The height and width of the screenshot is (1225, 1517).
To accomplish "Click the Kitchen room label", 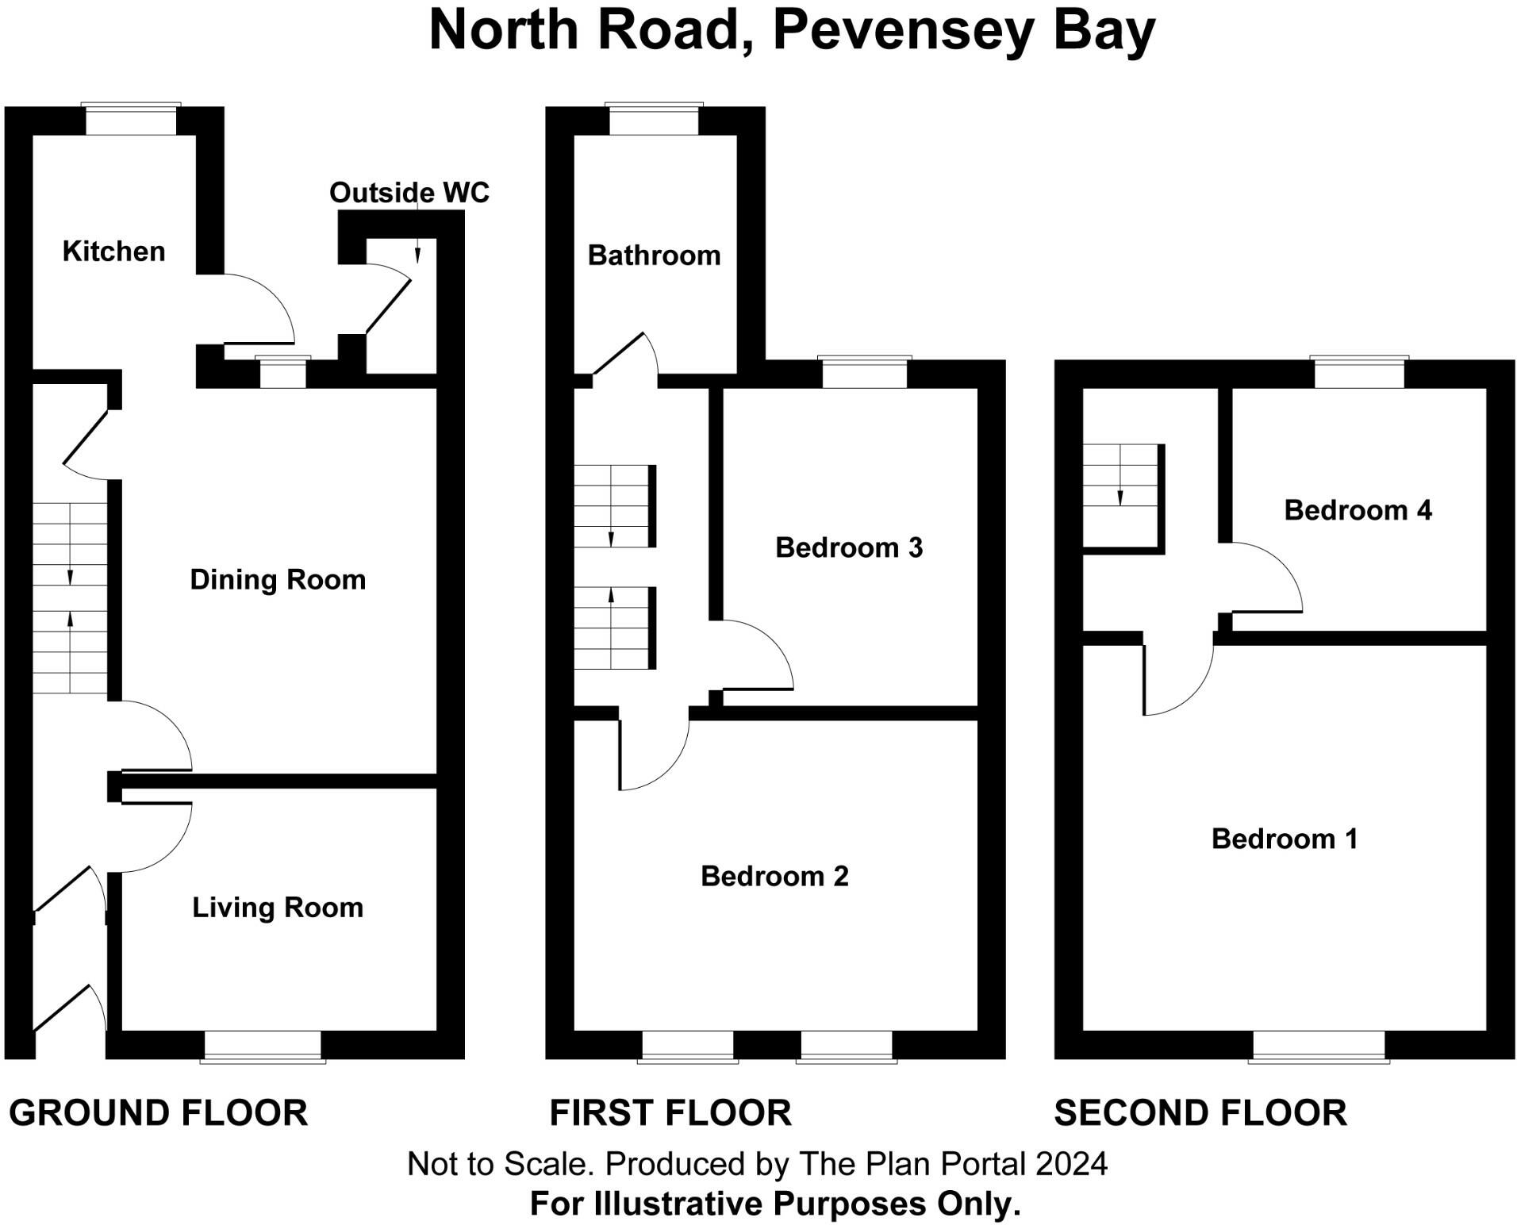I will pyautogui.click(x=113, y=252).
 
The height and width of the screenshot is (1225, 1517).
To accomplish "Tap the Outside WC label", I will pyautogui.click(x=409, y=193).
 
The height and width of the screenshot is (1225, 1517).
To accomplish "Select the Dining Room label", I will pyautogui.click(x=278, y=580).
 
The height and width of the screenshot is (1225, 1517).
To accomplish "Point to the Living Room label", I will pyautogui.click(x=278, y=908).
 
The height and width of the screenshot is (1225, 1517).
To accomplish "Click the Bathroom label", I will pyautogui.click(x=654, y=255).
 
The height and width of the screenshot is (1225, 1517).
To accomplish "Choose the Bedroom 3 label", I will pyautogui.click(x=849, y=547).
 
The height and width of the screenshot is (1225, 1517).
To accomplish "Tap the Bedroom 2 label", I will pyautogui.click(x=774, y=876).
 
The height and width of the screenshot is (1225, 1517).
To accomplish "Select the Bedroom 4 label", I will pyautogui.click(x=1358, y=510).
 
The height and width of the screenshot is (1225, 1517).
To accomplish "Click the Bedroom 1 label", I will pyautogui.click(x=1284, y=839).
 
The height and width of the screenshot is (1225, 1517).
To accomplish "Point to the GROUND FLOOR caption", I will pyautogui.click(x=159, y=1113).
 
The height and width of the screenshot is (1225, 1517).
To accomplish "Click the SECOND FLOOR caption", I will pyautogui.click(x=1200, y=1113).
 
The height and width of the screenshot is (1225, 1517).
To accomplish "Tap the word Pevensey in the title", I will pyautogui.click(x=903, y=30).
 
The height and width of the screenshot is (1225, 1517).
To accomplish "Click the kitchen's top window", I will pyautogui.click(x=131, y=120).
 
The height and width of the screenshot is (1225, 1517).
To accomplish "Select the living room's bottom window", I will pyautogui.click(x=263, y=1046).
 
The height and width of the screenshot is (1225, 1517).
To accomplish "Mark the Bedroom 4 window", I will pyautogui.click(x=1359, y=373).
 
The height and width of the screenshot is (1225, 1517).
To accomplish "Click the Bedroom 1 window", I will pyautogui.click(x=1319, y=1046).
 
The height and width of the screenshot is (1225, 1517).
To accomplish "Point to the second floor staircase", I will pyautogui.click(x=1121, y=496).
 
